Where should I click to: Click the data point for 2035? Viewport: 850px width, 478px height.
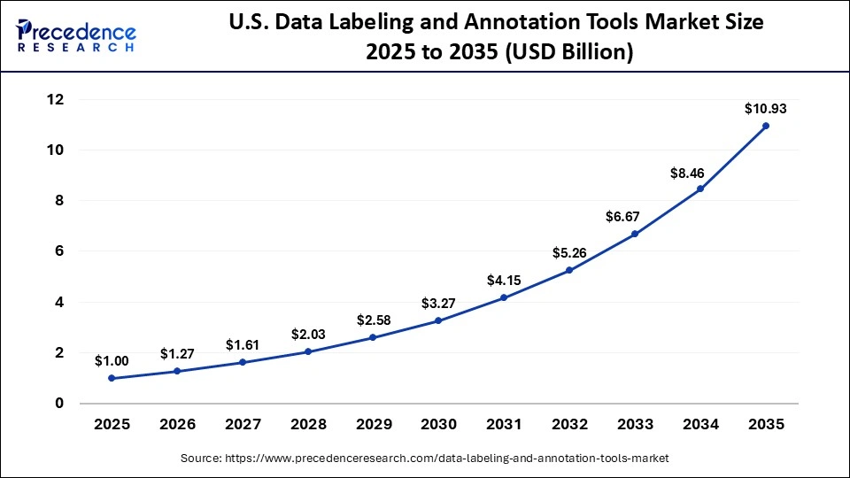point(766,126)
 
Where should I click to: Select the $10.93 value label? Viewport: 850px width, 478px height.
point(766,109)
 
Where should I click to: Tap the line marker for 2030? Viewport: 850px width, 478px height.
point(438,320)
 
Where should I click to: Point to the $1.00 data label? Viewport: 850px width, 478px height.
point(112,361)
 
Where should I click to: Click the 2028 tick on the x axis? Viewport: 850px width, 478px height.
point(308,424)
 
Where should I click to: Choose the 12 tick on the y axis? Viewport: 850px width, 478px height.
point(57,100)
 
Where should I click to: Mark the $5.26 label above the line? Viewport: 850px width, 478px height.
point(569,253)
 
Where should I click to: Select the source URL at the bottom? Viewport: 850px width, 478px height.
point(424,458)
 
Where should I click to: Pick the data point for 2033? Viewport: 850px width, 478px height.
point(635,234)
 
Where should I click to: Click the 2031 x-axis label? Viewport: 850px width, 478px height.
point(504,424)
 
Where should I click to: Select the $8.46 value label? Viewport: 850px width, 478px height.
point(700,172)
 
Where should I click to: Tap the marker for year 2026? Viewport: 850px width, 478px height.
point(177,371)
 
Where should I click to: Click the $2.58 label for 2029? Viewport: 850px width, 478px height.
point(374,320)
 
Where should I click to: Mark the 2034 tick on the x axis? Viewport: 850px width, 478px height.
point(700,424)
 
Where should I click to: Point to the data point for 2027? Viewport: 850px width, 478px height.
point(243,362)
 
